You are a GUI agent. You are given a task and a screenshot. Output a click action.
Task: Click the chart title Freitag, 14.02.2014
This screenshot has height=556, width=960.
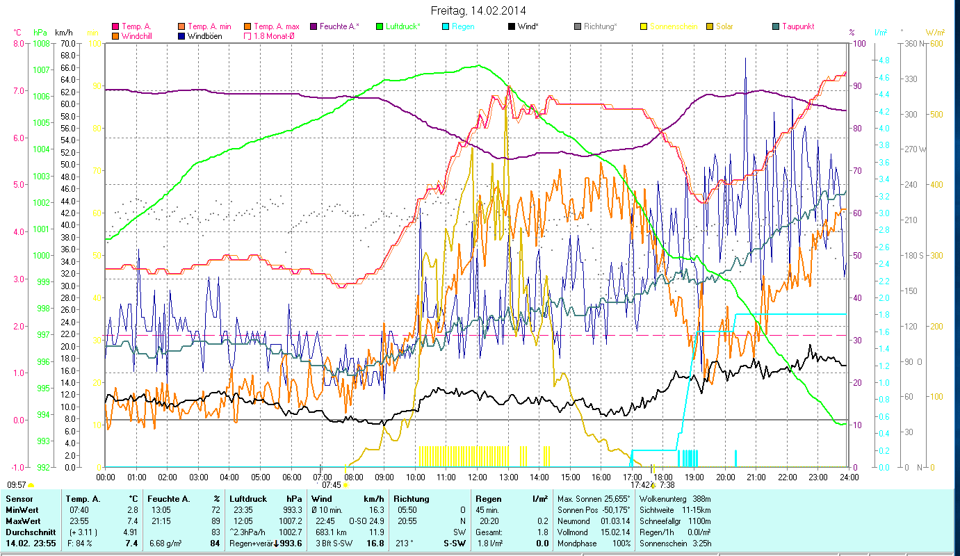click(478, 10)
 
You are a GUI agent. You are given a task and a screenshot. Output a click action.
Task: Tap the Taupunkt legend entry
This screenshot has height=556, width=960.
click(797, 26)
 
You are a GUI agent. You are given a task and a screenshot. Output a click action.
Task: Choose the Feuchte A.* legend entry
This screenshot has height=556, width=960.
click(339, 26)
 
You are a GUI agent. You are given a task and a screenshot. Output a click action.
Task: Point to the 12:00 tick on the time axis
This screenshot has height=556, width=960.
click(477, 477)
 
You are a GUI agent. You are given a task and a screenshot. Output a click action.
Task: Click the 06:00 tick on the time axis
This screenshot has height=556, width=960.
click(291, 477)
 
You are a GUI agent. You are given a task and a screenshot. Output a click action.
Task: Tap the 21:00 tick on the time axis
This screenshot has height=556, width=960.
click(756, 477)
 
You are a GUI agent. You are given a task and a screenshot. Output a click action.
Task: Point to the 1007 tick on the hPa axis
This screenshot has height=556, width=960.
click(41, 69)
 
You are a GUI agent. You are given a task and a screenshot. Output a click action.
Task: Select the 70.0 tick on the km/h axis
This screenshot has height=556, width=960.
click(67, 43)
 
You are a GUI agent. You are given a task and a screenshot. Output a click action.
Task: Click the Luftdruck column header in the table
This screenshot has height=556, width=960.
click(248, 499)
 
